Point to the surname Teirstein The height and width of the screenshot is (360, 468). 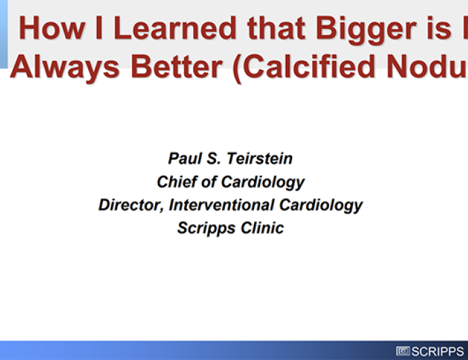pyautogui.click(x=261, y=158)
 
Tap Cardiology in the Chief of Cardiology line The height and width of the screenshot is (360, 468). pyautogui.click(x=263, y=181)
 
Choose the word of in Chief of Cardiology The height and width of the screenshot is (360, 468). pyautogui.click(x=210, y=181)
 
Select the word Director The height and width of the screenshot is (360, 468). pyautogui.click(x=129, y=204)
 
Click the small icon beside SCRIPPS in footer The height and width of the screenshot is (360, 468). pyautogui.click(x=403, y=351)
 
